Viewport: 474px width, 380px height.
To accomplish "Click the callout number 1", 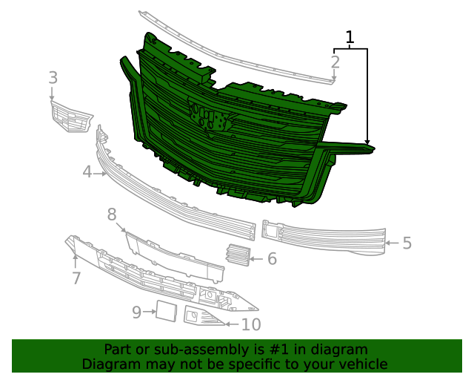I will [350, 37].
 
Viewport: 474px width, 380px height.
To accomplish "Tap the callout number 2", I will [336, 62].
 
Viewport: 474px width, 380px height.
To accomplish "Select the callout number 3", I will [53, 77].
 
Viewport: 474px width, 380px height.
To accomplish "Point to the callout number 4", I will [87, 173].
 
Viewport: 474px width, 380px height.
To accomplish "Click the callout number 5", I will [407, 243].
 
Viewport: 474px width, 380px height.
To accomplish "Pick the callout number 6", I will [272, 258].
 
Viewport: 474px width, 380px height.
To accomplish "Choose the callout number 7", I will [76, 278].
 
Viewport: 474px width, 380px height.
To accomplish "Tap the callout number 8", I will [112, 215].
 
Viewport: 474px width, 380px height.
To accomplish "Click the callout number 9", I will [136, 312].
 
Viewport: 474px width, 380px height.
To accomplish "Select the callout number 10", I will [251, 324].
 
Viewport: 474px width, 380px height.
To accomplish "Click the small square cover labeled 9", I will [164, 311].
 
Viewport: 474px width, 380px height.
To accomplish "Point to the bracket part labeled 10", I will [201, 318].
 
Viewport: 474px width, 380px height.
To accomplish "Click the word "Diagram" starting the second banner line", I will [110, 364].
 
